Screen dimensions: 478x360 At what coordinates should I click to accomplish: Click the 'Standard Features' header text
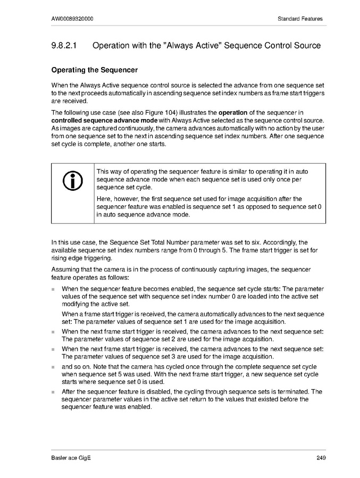point(300,19)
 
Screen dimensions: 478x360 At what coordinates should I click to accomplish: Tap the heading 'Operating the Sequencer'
point(94,70)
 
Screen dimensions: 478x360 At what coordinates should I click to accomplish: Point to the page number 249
point(318,458)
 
